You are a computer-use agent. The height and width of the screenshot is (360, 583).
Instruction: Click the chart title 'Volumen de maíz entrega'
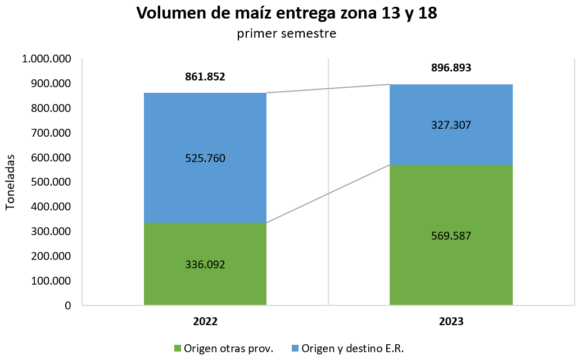pos(287,13)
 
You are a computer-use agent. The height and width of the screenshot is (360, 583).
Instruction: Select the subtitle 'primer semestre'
pos(287,34)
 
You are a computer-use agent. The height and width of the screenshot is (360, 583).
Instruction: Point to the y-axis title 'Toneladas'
pos(11,181)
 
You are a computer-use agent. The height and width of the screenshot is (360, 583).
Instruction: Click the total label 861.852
pos(205,77)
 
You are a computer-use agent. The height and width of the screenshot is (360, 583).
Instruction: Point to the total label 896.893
pos(451,68)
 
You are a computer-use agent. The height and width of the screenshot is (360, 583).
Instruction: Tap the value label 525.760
pos(205,159)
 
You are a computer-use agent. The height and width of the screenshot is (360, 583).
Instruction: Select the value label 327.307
pos(451,125)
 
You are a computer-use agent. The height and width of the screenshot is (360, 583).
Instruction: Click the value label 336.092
pos(205,264)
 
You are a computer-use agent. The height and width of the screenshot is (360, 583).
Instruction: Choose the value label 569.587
pos(451,236)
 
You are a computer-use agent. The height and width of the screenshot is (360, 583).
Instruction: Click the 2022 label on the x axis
pos(205,322)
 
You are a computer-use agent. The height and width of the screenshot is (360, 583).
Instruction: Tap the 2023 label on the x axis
pos(451,322)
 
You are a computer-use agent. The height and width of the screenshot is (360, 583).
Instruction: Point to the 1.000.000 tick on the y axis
pos(46,59)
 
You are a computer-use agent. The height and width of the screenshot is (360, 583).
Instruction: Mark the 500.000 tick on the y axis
pos(49,182)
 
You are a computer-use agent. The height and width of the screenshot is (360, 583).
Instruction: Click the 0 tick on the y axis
pos(67,305)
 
